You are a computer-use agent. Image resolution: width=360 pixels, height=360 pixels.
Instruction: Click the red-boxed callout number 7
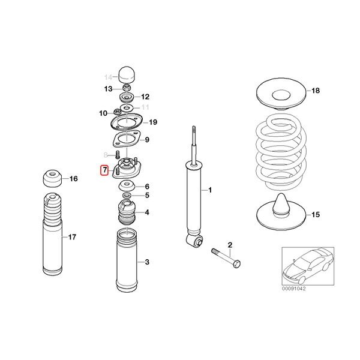pos(104,171)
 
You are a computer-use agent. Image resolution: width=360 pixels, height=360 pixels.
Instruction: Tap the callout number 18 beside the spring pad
pos(316,91)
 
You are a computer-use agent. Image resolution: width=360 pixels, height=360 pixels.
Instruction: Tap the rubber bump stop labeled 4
pos(126,214)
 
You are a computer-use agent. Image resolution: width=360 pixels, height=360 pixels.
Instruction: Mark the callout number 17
pos(72,238)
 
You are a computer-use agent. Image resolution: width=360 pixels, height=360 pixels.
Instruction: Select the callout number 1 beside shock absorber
pos(211,190)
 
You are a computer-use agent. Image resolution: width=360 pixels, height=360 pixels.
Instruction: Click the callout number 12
pos(145,97)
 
